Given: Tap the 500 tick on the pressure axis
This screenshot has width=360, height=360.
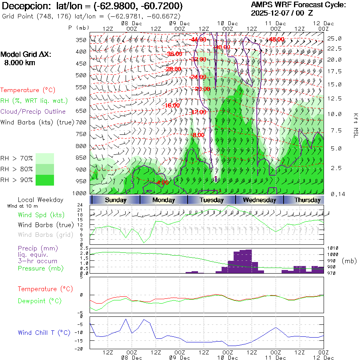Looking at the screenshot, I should click(x=81, y=75).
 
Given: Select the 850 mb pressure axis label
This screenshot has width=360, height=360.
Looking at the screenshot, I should click(x=81, y=158).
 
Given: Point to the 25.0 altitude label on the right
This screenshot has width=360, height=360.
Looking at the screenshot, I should click(x=334, y=39).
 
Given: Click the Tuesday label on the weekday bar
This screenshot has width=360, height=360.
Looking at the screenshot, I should click(x=212, y=200).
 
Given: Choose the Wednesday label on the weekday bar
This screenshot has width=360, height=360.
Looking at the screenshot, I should click(x=259, y=200).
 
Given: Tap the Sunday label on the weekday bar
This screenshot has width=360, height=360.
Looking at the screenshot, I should click(x=116, y=200).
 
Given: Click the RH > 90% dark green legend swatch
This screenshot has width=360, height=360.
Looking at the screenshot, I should click(x=45, y=180).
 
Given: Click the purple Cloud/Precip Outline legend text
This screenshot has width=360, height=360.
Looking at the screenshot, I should click(x=33, y=112).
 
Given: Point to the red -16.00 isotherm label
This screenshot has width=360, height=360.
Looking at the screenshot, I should click(x=172, y=105).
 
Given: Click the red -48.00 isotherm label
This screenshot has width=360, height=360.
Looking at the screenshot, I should click(x=276, y=39).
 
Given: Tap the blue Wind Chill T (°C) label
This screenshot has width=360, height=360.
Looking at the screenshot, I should click(x=44, y=333).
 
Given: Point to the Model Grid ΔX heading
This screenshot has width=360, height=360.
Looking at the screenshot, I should click(x=26, y=55).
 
